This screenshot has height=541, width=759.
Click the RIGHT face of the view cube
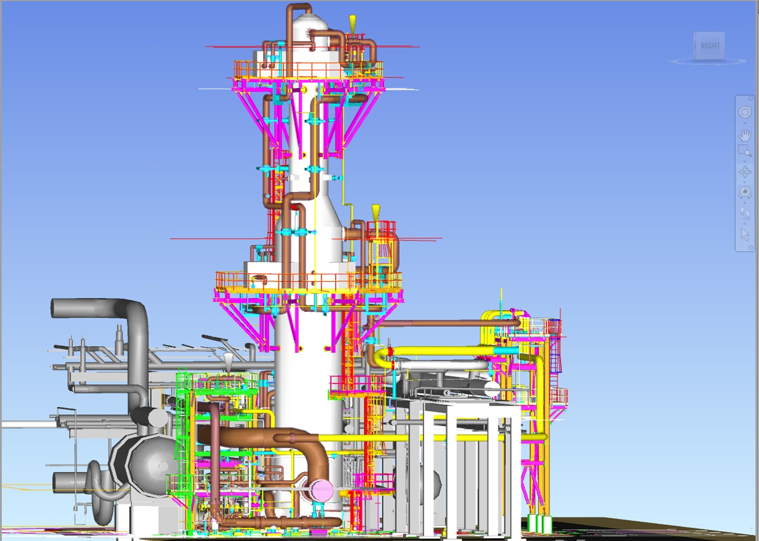click(710, 46)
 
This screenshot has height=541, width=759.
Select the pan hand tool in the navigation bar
click(745, 135)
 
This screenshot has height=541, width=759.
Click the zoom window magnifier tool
click(745, 151)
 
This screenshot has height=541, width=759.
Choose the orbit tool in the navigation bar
click(745, 172)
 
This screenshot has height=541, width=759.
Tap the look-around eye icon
click(745, 192)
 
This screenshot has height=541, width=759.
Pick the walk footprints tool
click(745, 213)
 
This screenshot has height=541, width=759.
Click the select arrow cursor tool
click(745, 234)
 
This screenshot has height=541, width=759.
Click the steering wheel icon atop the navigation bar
click(745, 113)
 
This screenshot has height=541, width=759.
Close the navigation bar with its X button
click(751, 99)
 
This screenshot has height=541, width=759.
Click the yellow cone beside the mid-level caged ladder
click(375, 211)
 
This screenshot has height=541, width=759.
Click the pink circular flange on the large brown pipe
click(322, 491)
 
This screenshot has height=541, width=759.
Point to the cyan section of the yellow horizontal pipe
click(506, 351)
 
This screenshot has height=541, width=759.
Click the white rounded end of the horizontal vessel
click(492, 389)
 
